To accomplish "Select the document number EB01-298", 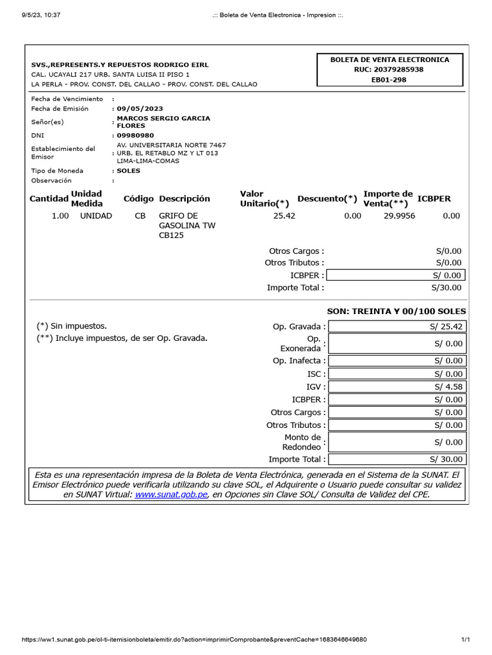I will [x=389, y=80].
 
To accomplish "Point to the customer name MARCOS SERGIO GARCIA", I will [x=163, y=118].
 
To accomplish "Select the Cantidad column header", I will [x=49, y=199].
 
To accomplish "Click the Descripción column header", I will [x=184, y=199].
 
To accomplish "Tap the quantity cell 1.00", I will [x=60, y=216].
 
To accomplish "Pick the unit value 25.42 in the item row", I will [x=284, y=216].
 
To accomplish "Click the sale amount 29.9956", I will [x=399, y=216].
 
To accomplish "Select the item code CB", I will [x=140, y=216].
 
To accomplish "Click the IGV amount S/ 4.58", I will [x=448, y=387].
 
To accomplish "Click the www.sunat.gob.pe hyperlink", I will [x=171, y=494].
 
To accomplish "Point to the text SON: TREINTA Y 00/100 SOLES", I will [x=396, y=312].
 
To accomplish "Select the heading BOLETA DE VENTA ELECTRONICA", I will [x=389, y=59].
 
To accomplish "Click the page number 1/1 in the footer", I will [x=466, y=640].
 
